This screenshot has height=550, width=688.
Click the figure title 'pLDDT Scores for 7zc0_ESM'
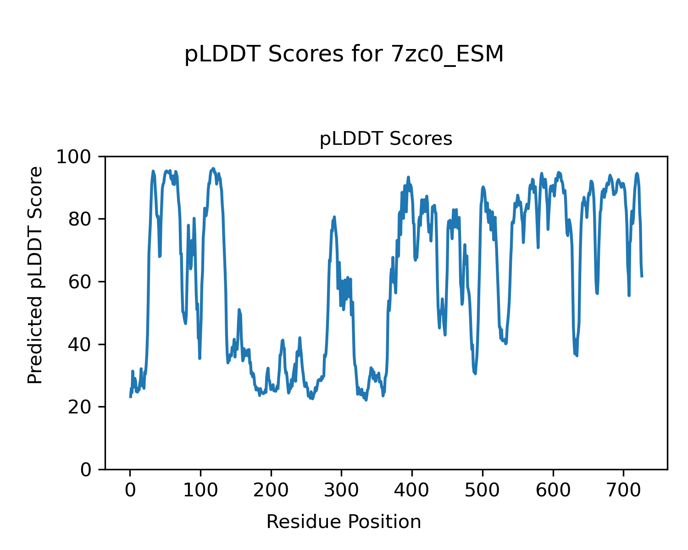pyautogui.click(x=344, y=55)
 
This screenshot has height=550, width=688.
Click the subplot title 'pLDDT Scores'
pyautogui.click(x=386, y=139)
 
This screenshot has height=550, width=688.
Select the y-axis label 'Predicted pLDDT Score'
pyautogui.click(x=35, y=275)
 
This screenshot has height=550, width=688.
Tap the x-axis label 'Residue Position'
pyautogui.click(x=344, y=522)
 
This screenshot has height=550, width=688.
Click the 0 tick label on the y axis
pyautogui.click(x=86, y=470)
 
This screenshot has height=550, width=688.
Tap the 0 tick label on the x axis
pyautogui.click(x=130, y=490)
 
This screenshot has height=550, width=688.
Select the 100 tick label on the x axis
pyautogui.click(x=200, y=490)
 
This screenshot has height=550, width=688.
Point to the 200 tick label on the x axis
pyautogui.click(x=271, y=490)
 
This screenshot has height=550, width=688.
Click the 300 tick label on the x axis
pyautogui.click(x=342, y=490)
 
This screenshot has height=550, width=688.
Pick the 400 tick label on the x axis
pyautogui.click(x=412, y=490)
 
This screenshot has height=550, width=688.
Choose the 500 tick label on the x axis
pyautogui.click(x=483, y=490)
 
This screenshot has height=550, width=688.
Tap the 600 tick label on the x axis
pyautogui.click(x=553, y=490)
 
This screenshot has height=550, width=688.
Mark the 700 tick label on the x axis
pyautogui.click(x=623, y=490)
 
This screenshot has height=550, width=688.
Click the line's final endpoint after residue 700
pyautogui.click(x=642, y=276)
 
